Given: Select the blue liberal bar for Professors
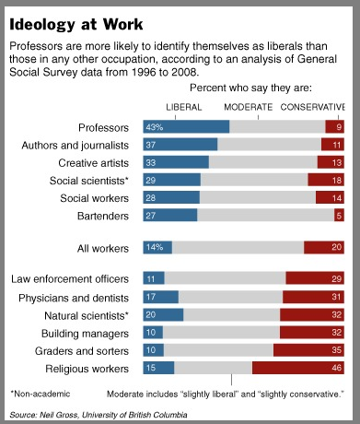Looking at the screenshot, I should pyautogui.click(x=186, y=127).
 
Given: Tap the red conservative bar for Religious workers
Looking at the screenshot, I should pyautogui.click(x=298, y=368).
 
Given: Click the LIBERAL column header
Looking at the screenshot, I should pyautogui.click(x=182, y=106).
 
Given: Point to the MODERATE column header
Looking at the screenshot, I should pyautogui.click(x=248, y=106).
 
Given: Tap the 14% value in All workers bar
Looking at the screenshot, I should pyautogui.click(x=155, y=247).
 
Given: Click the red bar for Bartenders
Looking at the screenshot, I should pyautogui.click(x=339, y=215).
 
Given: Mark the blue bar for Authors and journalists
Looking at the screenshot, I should pyautogui.click(x=180, y=145).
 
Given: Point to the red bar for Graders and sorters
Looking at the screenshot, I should pyautogui.click(x=308, y=350).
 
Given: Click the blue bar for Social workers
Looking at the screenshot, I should pyautogui.click(x=171, y=197).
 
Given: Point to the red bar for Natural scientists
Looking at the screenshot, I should pyautogui.click(x=312, y=314).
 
